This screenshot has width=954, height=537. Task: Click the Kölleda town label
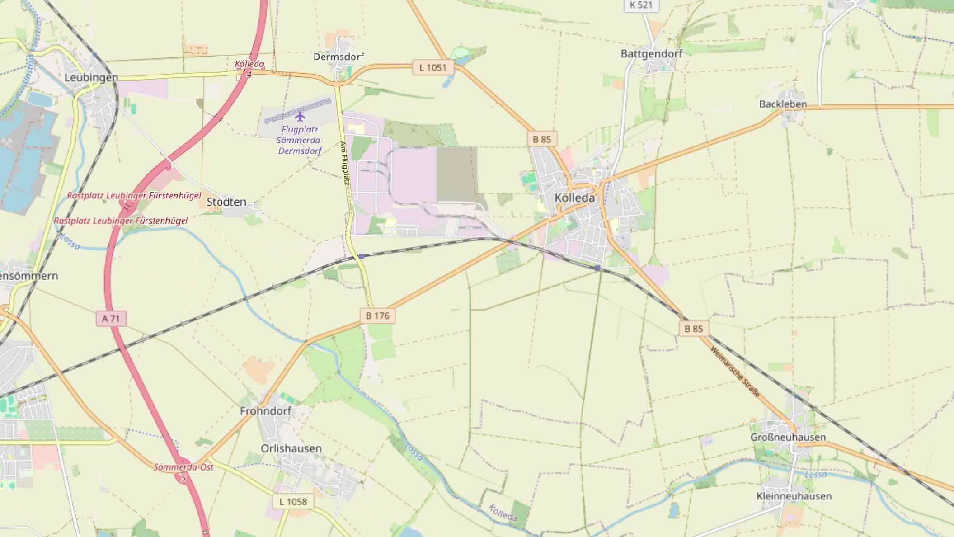(x=574, y=198)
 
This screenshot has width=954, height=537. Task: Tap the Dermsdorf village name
(x=338, y=57)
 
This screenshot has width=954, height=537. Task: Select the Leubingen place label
(x=91, y=77)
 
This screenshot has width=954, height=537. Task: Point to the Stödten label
(x=226, y=202)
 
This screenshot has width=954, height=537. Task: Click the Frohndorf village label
(x=266, y=411)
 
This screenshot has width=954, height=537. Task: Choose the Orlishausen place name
(x=291, y=448)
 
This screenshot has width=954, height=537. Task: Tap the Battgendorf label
(x=651, y=53)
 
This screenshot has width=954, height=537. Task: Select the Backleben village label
(x=783, y=104)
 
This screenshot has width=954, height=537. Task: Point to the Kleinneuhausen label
(x=794, y=496)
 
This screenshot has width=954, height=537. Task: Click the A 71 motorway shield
(x=111, y=319)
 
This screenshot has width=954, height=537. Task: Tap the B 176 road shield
(x=377, y=316)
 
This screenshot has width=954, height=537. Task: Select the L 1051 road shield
(x=432, y=68)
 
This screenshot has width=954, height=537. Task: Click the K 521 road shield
(x=641, y=5)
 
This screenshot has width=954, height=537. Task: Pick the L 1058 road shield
(x=293, y=501)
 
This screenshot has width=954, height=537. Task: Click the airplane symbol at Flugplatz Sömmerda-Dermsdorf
(x=300, y=117)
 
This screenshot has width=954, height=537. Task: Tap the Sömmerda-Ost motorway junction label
(x=183, y=467)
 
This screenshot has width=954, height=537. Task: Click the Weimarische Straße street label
(x=735, y=372)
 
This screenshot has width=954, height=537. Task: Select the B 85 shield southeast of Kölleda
(x=693, y=329)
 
